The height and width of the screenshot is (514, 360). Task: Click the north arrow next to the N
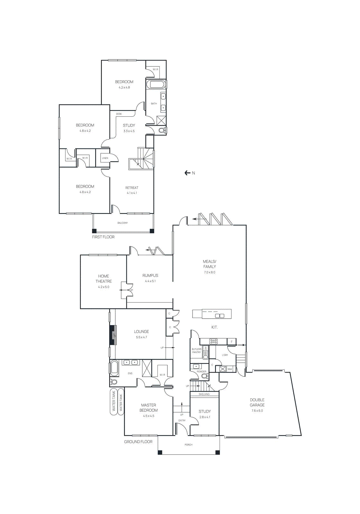click(187, 173)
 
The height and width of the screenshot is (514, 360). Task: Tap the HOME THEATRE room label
click(104, 279)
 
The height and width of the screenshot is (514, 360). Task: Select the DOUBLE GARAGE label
click(257, 402)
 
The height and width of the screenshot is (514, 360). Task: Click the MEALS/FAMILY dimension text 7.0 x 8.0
click(210, 272)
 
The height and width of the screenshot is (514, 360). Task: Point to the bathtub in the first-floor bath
click(156, 85)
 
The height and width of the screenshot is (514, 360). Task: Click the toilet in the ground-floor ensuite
click(113, 382)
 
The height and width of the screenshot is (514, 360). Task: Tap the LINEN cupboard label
click(105, 158)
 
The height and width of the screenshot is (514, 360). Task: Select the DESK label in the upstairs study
click(119, 114)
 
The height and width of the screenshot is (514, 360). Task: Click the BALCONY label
click(122, 223)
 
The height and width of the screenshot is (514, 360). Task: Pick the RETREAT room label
click(132, 188)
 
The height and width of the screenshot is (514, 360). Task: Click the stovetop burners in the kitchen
click(213, 341)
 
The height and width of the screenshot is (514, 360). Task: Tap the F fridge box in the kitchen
click(231, 341)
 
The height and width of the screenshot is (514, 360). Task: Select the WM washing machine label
click(230, 369)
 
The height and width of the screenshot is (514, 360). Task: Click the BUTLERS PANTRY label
click(196, 350)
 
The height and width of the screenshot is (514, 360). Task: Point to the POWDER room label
click(202, 372)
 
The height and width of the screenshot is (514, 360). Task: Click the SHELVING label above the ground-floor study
click(204, 394)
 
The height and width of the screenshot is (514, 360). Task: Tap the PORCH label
click(189, 445)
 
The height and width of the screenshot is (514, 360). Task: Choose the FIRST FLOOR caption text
click(103, 237)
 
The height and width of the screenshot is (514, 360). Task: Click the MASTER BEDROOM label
click(148, 408)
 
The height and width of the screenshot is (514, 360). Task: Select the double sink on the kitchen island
click(220, 316)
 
